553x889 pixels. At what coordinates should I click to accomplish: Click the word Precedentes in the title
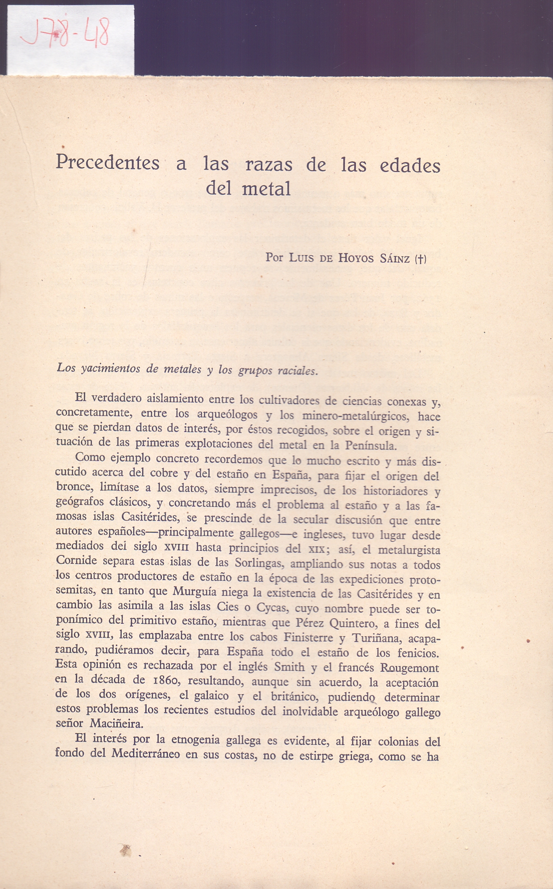(x=108, y=162)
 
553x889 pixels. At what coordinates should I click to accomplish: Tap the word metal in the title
(x=266, y=189)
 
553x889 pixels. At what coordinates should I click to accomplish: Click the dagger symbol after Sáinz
(x=420, y=259)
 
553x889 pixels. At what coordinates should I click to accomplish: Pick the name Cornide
(x=76, y=561)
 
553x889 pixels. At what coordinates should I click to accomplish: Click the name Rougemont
(x=409, y=668)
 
